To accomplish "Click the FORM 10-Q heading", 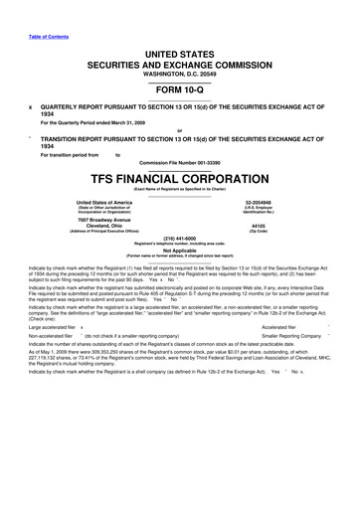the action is tap(179, 90).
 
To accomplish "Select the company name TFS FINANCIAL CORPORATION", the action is tap(179, 183).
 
